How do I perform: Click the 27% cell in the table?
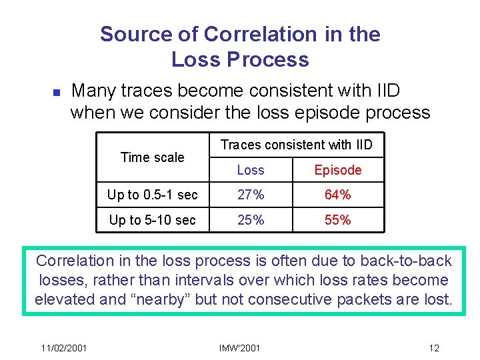[251, 195]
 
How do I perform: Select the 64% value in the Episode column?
[337, 195]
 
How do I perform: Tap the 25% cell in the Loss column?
[251, 220]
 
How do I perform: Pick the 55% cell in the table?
[337, 220]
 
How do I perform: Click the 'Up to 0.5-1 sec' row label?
[153, 195]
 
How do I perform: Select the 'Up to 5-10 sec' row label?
[153, 220]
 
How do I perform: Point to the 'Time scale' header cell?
[152, 157]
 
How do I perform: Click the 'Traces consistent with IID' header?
[297, 145]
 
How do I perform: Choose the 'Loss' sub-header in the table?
[251, 170]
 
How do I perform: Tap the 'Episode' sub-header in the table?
[337, 170]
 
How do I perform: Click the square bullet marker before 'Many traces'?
[39, 91]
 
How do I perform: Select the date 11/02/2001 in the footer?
[63, 348]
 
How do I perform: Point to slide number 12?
[433, 348]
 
